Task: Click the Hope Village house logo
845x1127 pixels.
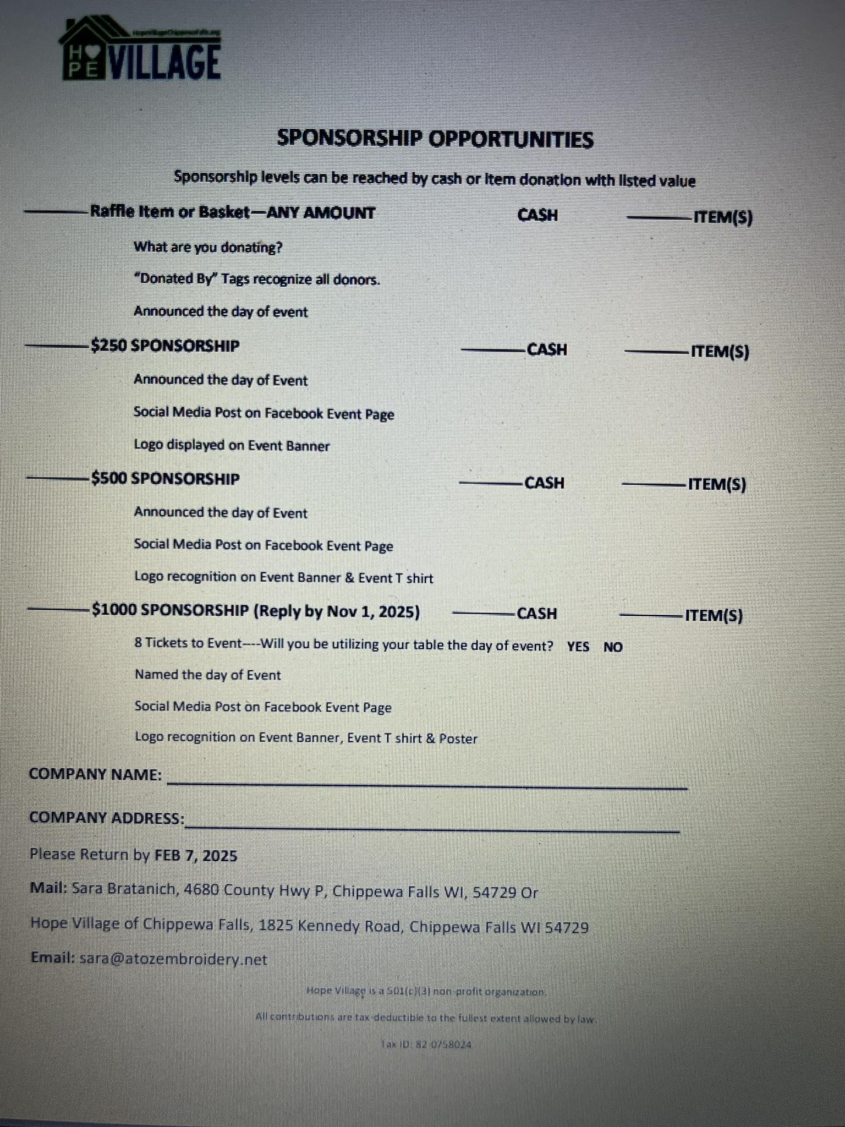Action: coord(140,48)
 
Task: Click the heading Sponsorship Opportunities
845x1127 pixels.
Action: coord(435,139)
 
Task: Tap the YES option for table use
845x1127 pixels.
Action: coord(578,647)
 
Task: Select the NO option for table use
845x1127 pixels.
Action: coord(613,647)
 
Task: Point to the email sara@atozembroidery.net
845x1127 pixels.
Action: coord(173,959)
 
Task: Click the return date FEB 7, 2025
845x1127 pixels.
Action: coord(196,856)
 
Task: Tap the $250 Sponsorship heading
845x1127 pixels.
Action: coord(165,346)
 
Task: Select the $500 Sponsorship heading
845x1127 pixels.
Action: coord(165,479)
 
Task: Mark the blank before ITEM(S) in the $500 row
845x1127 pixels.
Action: coord(654,485)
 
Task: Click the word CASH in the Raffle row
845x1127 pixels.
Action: coord(537,215)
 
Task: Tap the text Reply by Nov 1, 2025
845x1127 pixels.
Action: coord(336,611)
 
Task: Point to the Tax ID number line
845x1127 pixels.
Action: coord(426,1044)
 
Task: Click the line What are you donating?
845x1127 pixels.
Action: coord(208,247)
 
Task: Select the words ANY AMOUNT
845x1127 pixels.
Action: coord(321,212)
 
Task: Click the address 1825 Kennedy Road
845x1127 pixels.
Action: coord(330,927)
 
